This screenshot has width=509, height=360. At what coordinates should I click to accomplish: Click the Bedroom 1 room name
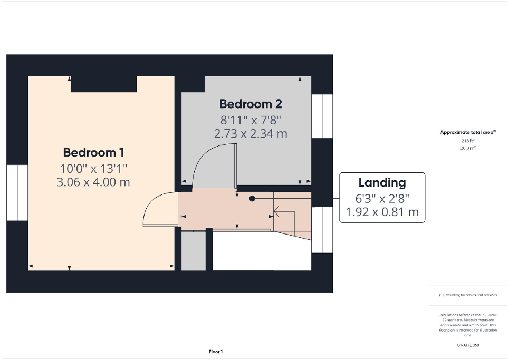(93, 153)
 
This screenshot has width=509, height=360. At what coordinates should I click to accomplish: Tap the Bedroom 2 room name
(250, 103)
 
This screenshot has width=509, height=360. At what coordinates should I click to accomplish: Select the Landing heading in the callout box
(382, 183)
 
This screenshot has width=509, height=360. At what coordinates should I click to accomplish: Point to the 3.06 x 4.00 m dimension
(93, 182)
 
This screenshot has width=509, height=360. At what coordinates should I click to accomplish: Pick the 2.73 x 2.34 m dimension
(251, 134)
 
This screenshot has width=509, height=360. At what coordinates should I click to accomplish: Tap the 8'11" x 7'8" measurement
(251, 120)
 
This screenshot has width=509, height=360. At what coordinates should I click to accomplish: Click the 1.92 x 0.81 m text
(382, 212)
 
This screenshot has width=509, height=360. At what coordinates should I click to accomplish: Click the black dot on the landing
(252, 199)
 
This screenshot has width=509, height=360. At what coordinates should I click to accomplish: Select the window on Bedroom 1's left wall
(17, 192)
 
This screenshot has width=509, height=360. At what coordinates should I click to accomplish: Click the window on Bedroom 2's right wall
(322, 116)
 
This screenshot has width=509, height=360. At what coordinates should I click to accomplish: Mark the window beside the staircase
(322, 230)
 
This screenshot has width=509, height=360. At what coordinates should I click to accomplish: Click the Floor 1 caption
(215, 352)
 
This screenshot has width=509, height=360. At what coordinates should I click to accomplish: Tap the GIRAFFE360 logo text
(468, 345)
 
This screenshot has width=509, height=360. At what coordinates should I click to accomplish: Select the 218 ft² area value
(468, 141)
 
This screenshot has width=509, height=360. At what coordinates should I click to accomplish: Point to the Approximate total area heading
(468, 132)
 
